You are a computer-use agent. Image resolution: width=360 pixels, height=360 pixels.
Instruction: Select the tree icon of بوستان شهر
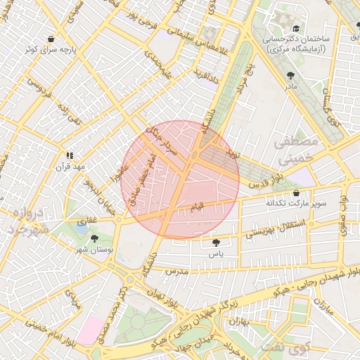(94, 239)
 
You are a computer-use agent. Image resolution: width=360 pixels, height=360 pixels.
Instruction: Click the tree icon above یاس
(214, 243)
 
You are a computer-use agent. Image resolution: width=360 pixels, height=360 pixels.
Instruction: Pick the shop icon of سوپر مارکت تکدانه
(295, 193)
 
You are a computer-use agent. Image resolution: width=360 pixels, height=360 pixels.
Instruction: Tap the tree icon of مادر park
(291, 74)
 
